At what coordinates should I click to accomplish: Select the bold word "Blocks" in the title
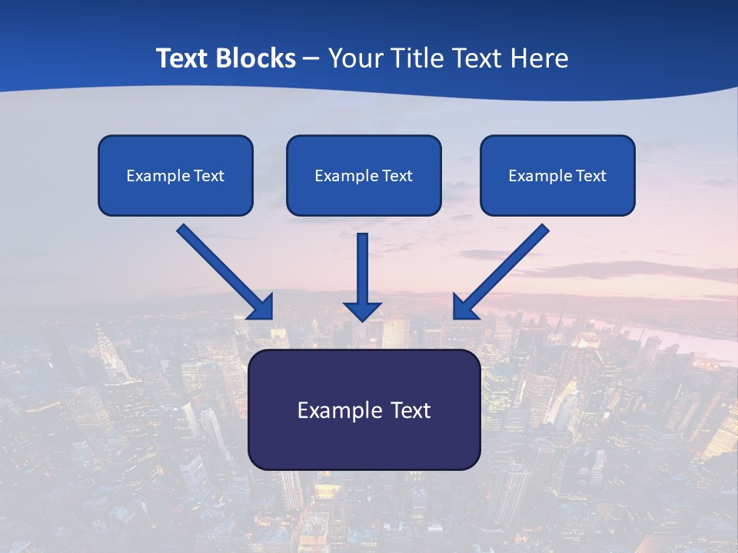tap(256, 58)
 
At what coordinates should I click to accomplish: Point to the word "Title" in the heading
tap(421, 58)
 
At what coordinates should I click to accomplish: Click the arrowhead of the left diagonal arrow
tap(261, 307)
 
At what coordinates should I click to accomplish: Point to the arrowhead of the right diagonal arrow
tap(465, 307)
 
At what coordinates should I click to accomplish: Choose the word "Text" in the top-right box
tap(591, 176)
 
